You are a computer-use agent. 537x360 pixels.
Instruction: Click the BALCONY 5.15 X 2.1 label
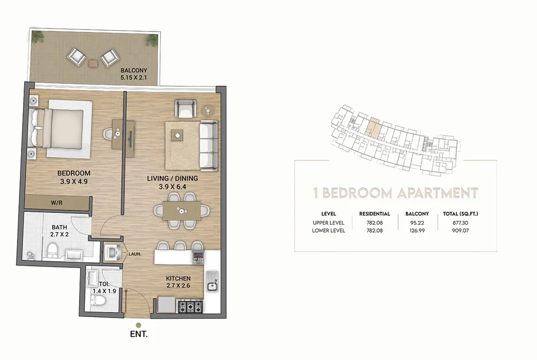pyautogui.click(x=133, y=74)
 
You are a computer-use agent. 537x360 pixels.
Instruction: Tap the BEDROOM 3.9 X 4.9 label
pyautogui.click(x=74, y=177)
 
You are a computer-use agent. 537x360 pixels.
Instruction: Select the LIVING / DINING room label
pyautogui.click(x=172, y=182)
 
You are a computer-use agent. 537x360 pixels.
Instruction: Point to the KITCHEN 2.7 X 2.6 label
pyautogui.click(x=178, y=282)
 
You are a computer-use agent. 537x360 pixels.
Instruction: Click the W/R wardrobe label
pyautogui.click(x=56, y=203)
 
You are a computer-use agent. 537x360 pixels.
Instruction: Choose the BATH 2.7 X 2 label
pyautogui.click(x=60, y=231)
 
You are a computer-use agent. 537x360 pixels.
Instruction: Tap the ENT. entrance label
pyautogui.click(x=139, y=334)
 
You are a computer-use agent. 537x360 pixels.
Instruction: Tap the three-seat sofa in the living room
pyautogui.click(x=208, y=144)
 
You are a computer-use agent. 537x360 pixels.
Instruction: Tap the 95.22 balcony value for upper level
pyautogui.click(x=412, y=222)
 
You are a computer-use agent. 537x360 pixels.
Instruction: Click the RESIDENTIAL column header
pyautogui.click(x=374, y=213)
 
